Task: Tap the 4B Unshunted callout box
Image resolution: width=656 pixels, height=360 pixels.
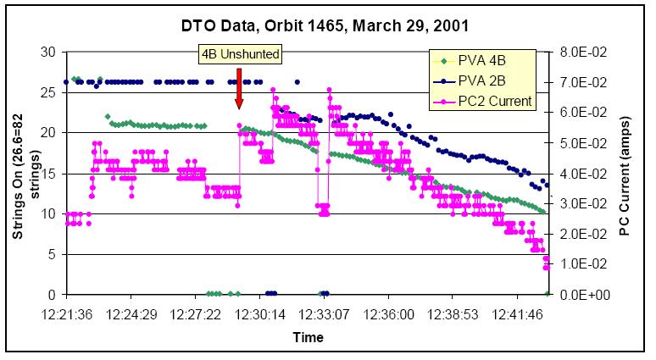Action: (240, 54)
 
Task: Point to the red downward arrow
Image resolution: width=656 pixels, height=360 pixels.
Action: (240, 87)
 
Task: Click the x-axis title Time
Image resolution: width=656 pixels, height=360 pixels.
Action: (308, 337)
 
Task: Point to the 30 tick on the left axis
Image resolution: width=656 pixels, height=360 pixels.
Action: (49, 52)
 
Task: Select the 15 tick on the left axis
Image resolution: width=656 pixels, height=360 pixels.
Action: (49, 174)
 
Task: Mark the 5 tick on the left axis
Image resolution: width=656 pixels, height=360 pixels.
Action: (53, 254)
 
